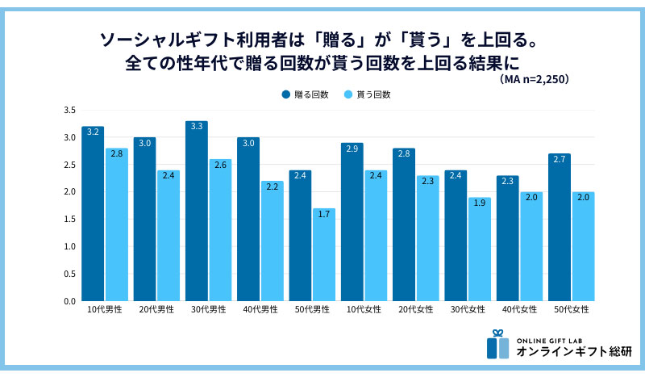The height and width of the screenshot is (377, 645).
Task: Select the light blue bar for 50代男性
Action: [324, 254]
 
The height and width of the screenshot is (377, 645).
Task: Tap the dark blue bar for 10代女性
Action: [352, 222]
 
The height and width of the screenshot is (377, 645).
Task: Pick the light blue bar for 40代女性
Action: [531, 246]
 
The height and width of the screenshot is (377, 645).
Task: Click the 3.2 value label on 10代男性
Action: [93, 132]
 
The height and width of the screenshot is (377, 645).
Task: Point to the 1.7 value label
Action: [324, 213]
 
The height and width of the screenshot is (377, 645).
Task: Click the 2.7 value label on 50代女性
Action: [559, 159]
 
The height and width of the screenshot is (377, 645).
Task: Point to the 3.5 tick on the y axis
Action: [69, 111]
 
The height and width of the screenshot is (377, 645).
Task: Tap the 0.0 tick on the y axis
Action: [69, 301]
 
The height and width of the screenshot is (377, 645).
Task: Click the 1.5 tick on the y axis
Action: [69, 220]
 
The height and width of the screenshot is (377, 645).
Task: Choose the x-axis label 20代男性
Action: [156, 310]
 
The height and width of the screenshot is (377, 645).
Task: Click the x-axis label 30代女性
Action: [468, 310]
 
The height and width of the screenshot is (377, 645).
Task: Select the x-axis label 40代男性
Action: [260, 310]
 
